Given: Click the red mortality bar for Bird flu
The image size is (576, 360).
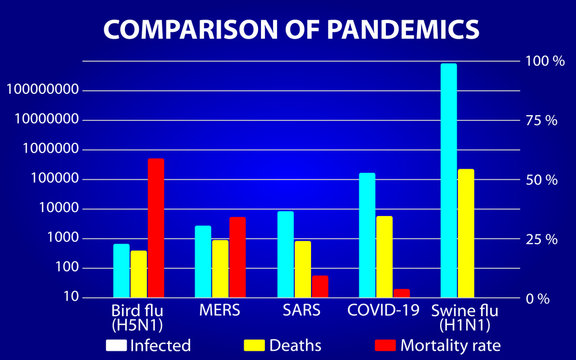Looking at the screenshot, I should [x=155, y=228].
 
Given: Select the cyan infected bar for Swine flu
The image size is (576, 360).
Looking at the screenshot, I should [x=449, y=180].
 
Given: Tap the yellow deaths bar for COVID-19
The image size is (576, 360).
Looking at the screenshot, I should [x=384, y=257].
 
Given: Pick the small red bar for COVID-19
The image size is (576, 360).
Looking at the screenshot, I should [x=401, y=293].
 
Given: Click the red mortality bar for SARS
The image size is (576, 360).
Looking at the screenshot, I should [x=319, y=286].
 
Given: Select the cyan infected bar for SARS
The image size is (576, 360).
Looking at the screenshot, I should [x=286, y=254].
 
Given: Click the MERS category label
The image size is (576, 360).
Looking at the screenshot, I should [x=220, y=310].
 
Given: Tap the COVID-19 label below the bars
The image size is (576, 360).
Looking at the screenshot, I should [x=383, y=310].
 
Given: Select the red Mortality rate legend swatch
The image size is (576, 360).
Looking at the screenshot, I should [x=385, y=345].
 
